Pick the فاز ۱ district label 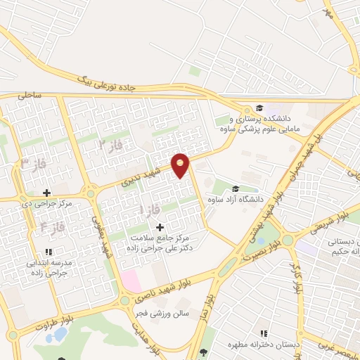pyautogui.click(x=150, y=210)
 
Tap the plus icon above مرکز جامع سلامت pyautogui.click(x=160, y=227)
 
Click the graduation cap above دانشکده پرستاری pyautogui.click(x=259, y=108)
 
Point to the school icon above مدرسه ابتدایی pyautogui.click(x=48, y=252)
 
